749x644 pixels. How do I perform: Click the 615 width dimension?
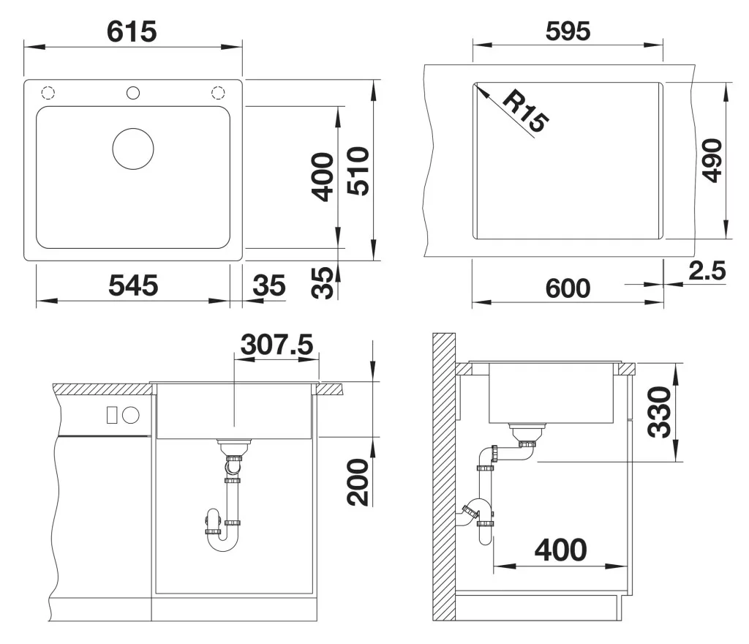tap(132, 32)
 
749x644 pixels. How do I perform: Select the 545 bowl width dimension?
tap(133, 285)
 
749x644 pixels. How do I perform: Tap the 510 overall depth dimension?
tap(358, 171)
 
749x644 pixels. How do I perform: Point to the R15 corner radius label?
tap(525, 111)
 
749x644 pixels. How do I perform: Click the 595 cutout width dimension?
tap(568, 31)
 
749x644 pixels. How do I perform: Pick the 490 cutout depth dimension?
tap(712, 160)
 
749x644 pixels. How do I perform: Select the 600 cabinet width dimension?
tap(568, 288)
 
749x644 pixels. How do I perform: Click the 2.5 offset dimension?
tap(707, 270)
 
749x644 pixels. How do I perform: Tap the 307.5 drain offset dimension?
tap(276, 345)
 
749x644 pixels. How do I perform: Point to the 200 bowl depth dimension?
tap(358, 482)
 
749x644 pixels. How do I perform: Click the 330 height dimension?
tap(659, 413)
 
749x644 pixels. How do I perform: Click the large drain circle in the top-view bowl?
tap(133, 149)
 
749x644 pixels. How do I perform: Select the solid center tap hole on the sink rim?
tap(133, 93)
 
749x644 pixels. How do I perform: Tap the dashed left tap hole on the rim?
tap(48, 93)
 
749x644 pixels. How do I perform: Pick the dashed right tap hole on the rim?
tap(218, 93)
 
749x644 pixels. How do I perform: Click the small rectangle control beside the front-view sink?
tap(112, 415)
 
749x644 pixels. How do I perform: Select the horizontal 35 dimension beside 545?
tap(269, 285)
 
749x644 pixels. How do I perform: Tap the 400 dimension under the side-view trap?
tap(561, 550)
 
